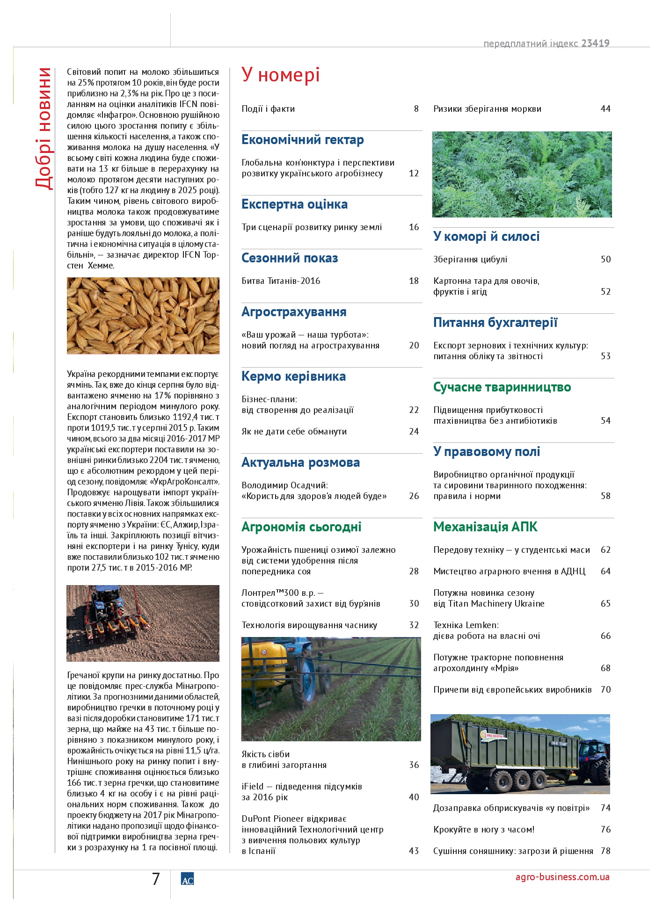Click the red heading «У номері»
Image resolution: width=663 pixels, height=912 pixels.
[280, 75]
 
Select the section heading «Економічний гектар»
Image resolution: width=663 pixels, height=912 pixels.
[302, 140]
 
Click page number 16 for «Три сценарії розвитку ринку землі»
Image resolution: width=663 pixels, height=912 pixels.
[414, 227]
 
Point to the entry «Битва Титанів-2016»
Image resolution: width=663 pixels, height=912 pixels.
[281, 281]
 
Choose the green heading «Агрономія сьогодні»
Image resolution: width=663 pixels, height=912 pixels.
[301, 527]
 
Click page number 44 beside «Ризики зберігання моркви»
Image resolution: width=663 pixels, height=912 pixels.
[605, 109]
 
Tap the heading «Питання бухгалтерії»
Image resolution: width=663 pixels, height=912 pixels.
[495, 323]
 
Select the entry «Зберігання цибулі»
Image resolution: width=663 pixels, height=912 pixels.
[470, 260]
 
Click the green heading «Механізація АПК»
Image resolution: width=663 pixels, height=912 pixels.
[485, 527]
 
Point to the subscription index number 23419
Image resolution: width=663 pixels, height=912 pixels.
[595, 43]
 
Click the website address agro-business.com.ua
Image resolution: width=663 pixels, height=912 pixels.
[562, 877]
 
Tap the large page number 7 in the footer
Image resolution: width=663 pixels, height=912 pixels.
[156, 879]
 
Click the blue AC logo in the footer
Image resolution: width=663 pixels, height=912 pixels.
[187, 879]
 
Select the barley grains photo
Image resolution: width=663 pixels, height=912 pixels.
[143, 316]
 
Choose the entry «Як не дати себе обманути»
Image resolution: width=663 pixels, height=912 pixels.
[294, 432]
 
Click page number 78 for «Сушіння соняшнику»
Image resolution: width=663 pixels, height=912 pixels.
[605, 851]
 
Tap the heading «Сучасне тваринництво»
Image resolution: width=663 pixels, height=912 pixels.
[502, 387]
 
